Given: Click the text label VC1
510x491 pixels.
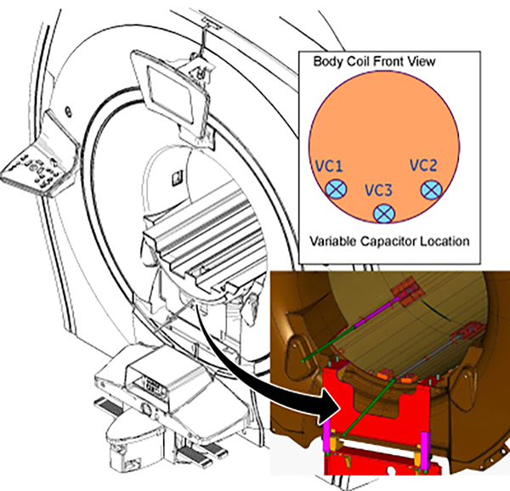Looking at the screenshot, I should [331, 166].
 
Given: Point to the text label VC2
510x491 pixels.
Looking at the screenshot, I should [423, 165].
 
